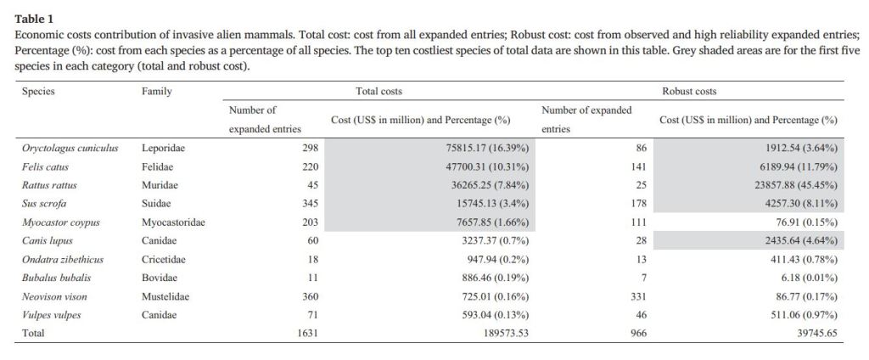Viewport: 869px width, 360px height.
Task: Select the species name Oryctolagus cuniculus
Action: [70, 148]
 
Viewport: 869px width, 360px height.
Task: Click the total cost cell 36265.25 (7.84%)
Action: [488, 185]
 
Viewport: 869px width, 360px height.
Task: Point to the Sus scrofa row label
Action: [45, 204]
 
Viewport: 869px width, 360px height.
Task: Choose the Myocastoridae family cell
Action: [173, 222]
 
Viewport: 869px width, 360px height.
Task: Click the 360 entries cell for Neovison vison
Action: [310, 296]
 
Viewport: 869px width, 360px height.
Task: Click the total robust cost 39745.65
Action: [812, 334]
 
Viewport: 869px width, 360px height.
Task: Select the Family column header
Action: [157, 91]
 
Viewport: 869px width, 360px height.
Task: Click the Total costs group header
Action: [378, 91]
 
